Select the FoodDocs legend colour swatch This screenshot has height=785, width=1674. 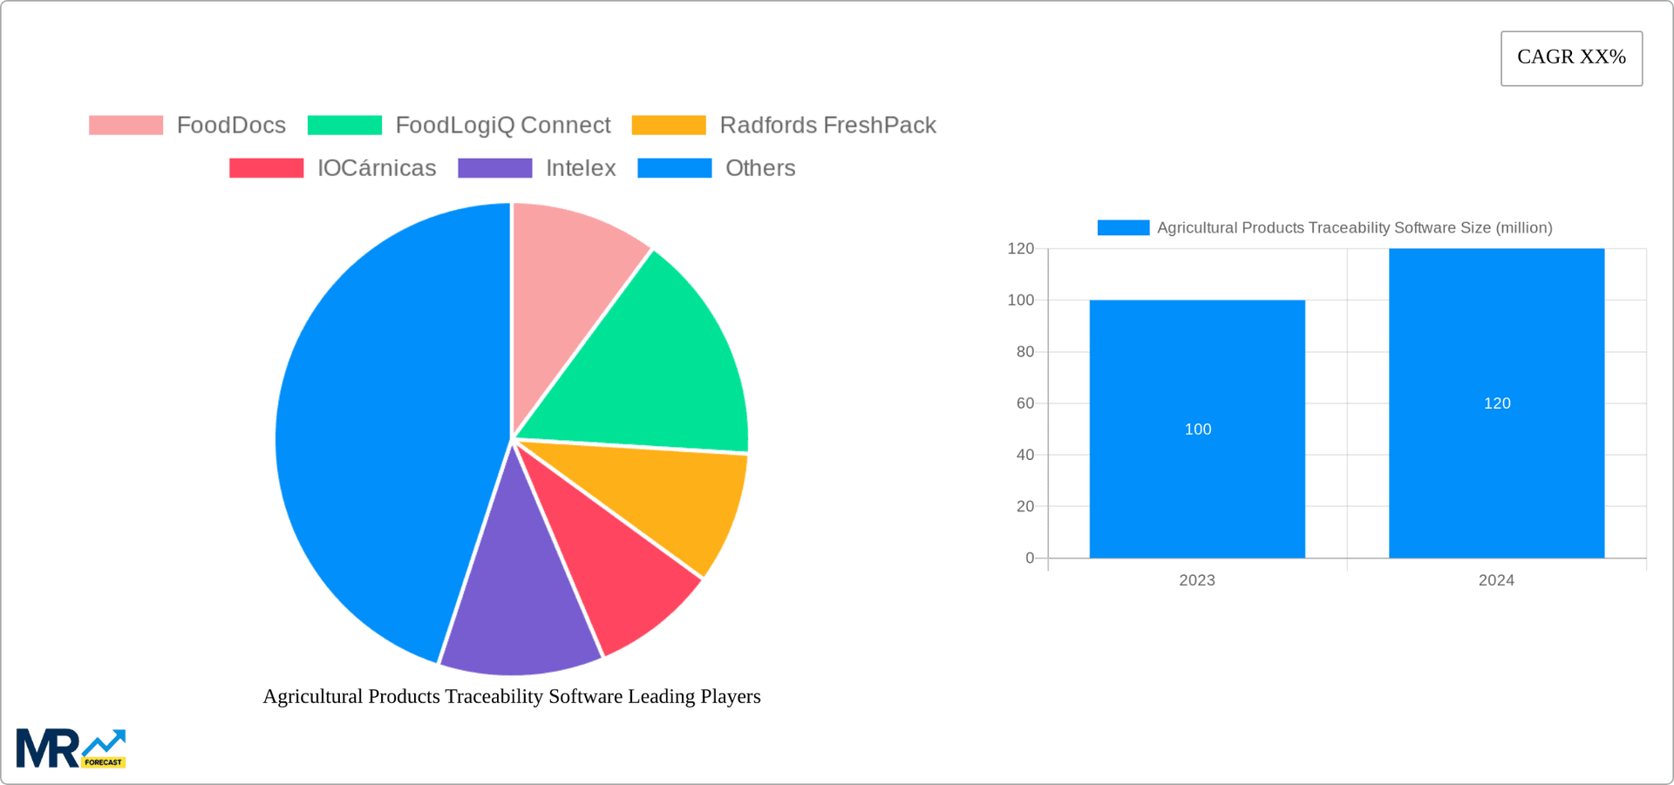coord(126,125)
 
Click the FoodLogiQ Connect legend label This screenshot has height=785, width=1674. coord(502,125)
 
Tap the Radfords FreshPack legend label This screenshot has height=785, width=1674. coord(827,125)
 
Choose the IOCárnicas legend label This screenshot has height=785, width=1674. coord(377,168)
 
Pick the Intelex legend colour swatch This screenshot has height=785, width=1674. coord(495,168)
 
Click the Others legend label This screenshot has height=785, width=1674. coord(760,168)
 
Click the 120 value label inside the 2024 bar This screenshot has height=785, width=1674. coord(1497,403)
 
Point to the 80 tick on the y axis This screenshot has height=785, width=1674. coord(1024,352)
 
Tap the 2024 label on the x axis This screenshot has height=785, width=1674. coord(1496,580)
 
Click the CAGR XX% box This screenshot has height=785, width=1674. coord(1571,58)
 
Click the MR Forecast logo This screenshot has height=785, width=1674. coord(71,749)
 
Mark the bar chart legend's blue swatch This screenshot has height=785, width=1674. coord(1123,227)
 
